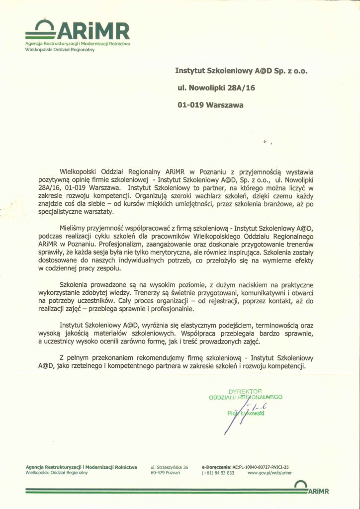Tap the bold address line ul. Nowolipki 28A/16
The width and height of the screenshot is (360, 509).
click(x=210, y=88)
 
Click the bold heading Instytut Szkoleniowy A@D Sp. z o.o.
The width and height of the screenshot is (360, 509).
click(x=242, y=71)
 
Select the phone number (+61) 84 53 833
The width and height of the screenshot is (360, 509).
click(x=218, y=473)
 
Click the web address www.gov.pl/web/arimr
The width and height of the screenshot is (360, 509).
click(x=268, y=473)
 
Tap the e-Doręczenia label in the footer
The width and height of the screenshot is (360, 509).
click(x=217, y=467)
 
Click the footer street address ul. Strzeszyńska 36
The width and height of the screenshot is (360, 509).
click(x=169, y=467)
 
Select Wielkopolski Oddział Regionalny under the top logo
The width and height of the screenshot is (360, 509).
click(x=56, y=50)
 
